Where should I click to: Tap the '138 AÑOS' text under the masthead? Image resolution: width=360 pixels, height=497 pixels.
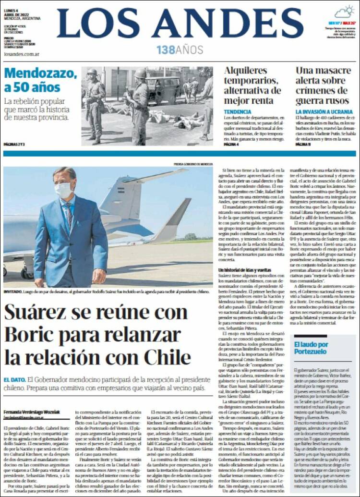click(x=180, y=50)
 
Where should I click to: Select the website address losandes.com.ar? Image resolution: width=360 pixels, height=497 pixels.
click(x=21, y=54)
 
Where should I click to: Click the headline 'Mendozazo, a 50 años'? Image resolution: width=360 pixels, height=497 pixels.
click(x=40, y=80)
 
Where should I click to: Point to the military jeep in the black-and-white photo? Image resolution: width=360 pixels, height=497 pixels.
click(x=163, y=89)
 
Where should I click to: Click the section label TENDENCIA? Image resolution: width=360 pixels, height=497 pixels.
click(x=238, y=111)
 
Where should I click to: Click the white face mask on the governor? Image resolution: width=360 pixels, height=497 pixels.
click(x=63, y=190)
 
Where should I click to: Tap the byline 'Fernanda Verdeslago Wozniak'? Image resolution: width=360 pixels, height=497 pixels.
click(x=32, y=412)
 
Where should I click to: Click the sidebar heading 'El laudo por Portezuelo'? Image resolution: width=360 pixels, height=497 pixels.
click(x=311, y=348)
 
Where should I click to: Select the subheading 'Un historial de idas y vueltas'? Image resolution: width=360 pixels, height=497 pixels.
click(x=244, y=270)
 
